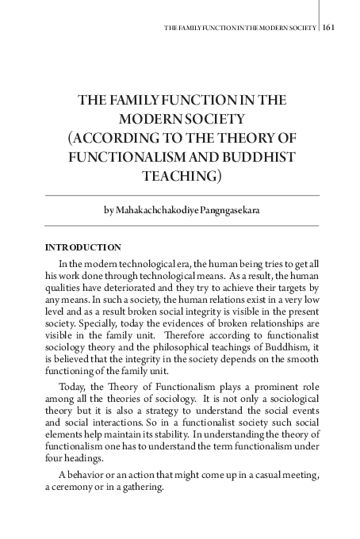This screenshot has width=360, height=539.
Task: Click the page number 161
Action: (330, 26)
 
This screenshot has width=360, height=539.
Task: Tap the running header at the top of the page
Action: (239, 27)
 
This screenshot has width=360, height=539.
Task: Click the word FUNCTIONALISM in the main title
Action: (119, 157)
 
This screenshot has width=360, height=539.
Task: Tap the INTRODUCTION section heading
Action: (83, 248)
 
